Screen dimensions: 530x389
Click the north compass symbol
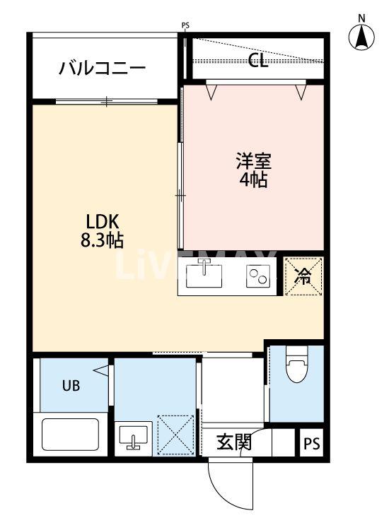pos(362,35)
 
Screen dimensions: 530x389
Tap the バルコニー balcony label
pos(103,69)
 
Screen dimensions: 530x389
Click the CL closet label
pos(258,61)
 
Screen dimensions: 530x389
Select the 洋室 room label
pos(252,160)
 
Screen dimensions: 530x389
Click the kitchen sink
pos(204,275)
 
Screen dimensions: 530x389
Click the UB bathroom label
pos(71,386)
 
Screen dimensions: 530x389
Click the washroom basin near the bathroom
pos(133,437)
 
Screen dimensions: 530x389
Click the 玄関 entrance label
pos(233,443)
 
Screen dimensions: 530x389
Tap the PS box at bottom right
pos(312,444)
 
